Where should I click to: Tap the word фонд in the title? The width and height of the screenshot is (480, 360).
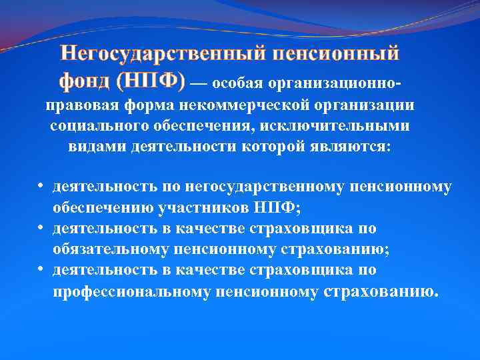(85, 81)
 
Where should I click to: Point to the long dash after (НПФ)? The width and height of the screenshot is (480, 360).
(199, 85)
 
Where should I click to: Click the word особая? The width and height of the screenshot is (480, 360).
(238, 85)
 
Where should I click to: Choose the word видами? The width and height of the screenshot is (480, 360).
(95, 147)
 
